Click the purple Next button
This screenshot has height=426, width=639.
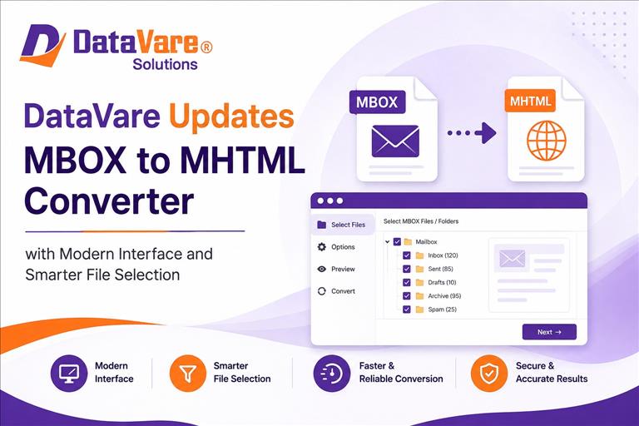click(x=549, y=332)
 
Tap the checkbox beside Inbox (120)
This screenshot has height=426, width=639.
click(x=406, y=255)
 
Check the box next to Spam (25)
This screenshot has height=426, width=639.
click(x=406, y=310)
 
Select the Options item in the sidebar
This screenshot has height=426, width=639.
click(x=336, y=246)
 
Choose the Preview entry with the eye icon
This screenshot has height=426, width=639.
click(x=336, y=269)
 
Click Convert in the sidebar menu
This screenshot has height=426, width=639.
click(x=336, y=291)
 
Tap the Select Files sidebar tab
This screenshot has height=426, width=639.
click(x=342, y=225)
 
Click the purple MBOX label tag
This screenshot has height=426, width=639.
click(x=377, y=102)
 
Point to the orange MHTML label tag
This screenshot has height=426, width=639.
click(x=530, y=101)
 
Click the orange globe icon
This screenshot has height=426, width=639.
click(x=546, y=141)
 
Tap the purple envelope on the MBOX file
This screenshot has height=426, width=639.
click(x=395, y=141)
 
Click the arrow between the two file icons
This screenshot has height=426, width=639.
click(x=472, y=133)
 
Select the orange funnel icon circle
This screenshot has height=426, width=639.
click(x=188, y=373)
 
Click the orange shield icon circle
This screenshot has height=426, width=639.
click(x=489, y=373)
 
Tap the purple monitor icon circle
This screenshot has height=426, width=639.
click(x=69, y=373)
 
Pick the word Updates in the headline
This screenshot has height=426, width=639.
click(x=231, y=116)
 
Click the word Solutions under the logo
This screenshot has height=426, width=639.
click(x=165, y=64)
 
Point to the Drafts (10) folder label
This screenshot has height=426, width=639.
click(x=442, y=283)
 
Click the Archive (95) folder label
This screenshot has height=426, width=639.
click(x=444, y=296)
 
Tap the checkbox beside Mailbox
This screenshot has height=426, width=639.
click(x=397, y=242)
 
